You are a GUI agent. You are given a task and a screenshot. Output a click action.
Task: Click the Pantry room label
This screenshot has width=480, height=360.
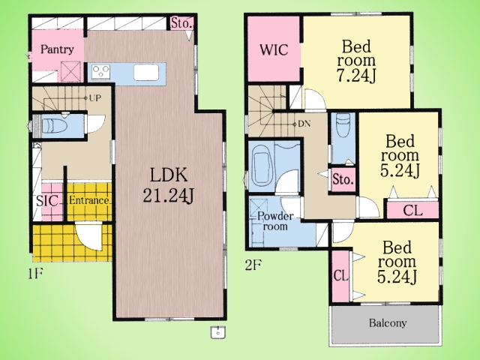point(57,49)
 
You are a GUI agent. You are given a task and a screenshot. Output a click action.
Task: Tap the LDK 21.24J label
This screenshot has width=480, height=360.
point(168,185)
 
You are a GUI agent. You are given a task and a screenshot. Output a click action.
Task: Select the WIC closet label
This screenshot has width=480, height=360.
point(274,50)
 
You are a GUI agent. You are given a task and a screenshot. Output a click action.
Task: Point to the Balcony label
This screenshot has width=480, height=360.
point(388,323)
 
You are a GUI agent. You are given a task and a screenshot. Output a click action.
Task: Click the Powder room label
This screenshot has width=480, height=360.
point(275,221)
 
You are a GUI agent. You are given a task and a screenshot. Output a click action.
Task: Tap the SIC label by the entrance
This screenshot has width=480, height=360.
point(46,201)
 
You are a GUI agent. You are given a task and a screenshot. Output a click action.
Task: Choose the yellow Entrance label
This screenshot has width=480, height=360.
point(89,201)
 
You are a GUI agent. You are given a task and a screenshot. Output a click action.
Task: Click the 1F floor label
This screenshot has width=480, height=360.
point(35,273)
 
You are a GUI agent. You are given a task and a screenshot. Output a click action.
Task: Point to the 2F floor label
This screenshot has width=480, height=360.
point(253,265)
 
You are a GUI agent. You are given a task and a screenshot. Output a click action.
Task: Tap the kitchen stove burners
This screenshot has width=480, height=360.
point(101,72)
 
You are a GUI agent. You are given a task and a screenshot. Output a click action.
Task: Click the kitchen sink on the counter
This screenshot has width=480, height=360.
point(145,73)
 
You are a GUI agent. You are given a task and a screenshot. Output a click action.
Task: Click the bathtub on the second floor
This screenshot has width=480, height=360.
point(262,167)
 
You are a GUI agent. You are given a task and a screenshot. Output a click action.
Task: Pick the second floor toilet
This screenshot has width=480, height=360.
point(343,126)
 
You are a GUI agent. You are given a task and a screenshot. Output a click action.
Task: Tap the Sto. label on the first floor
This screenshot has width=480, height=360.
point(181,23)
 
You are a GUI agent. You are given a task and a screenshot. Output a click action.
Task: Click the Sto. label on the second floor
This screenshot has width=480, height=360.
point(343,180)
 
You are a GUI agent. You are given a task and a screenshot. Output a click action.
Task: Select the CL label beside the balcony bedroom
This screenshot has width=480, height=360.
point(340,276)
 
